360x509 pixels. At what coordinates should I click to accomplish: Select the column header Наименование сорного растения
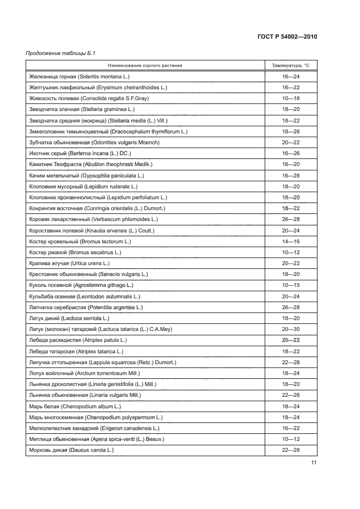coord(144,65)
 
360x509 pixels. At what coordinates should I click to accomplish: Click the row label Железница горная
coord(48,77)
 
